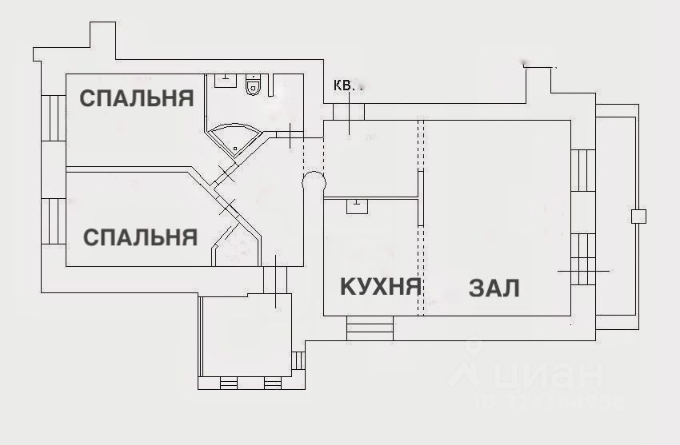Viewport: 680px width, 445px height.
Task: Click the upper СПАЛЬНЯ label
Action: pyautogui.click(x=137, y=98)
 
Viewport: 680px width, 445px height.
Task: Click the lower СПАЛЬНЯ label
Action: pyautogui.click(x=140, y=237)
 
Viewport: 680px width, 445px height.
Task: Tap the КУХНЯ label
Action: pyautogui.click(x=380, y=286)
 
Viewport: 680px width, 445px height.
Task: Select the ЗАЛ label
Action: pyautogui.click(x=494, y=288)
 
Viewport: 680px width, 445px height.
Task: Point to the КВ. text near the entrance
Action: pyautogui.click(x=345, y=84)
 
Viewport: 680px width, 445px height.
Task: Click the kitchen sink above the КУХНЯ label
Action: pyautogui.click(x=357, y=206)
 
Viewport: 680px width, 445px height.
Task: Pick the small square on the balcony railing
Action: pyautogui.click(x=638, y=216)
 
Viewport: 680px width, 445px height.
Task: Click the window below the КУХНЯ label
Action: pyautogui.click(x=370, y=328)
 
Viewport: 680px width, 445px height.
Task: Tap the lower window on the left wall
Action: pyautogui.click(x=54, y=221)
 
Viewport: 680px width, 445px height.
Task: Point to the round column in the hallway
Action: pyautogui.click(x=314, y=183)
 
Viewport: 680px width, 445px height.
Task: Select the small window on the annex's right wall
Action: pyautogui.click(x=299, y=360)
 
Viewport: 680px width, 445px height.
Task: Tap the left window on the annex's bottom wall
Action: pyautogui.click(x=228, y=384)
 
